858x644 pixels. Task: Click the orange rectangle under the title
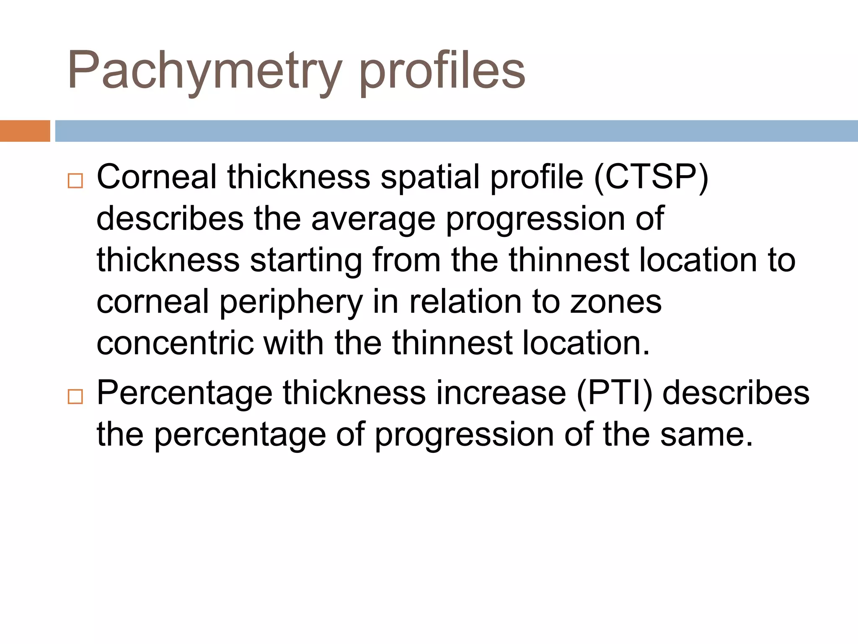click(25, 131)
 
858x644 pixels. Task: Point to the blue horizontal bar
click(456, 131)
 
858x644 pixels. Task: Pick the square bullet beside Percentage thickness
click(75, 396)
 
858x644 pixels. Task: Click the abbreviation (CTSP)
click(651, 177)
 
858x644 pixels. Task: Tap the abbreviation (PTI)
click(615, 393)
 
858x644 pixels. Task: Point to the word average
click(373, 218)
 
